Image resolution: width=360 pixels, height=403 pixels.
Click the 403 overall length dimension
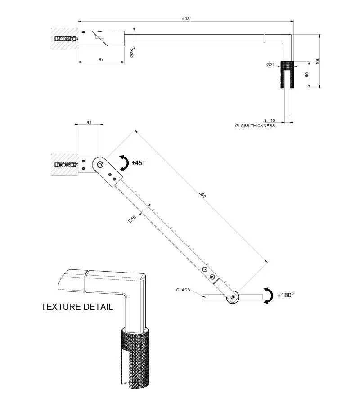pyautogui.click(x=186, y=18)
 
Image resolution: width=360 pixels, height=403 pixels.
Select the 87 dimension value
pyautogui.click(x=102, y=59)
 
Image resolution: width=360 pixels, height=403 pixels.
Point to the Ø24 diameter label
pyautogui.click(x=270, y=65)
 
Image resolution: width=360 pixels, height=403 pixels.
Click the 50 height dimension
pyautogui.click(x=307, y=75)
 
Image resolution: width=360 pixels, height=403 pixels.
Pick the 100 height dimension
pyautogui.click(x=318, y=61)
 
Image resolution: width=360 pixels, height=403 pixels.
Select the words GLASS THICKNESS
pyautogui.click(x=255, y=126)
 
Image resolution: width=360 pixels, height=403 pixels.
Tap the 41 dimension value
pyautogui.click(x=89, y=122)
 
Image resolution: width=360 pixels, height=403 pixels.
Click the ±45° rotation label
pyautogui.click(x=138, y=163)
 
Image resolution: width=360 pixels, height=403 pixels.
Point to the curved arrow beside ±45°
pyautogui.click(x=123, y=162)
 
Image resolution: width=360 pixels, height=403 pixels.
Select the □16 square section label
pyautogui.click(x=132, y=219)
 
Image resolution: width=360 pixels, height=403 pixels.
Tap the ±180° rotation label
pyautogui.click(x=285, y=295)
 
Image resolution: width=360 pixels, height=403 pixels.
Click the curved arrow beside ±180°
pyautogui.click(x=268, y=296)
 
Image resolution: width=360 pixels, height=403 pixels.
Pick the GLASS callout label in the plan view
pyautogui.click(x=183, y=291)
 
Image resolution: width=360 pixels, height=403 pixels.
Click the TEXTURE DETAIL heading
pyautogui.click(x=77, y=307)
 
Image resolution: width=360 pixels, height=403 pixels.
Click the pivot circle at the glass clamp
pyautogui.click(x=233, y=297)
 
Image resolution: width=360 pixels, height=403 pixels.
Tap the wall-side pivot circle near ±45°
pyautogui.click(x=99, y=165)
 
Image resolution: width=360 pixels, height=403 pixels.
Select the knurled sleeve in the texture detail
pyautogui.click(x=135, y=358)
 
